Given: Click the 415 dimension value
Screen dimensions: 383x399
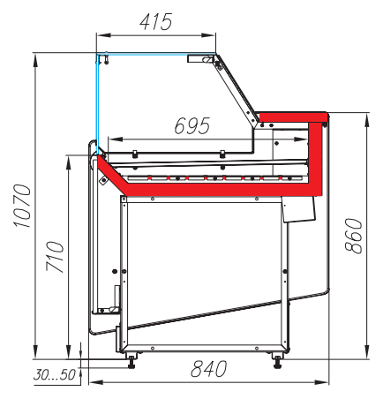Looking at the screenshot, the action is pyautogui.click(x=155, y=21).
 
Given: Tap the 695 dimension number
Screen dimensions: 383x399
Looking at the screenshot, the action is pyautogui.click(x=192, y=125).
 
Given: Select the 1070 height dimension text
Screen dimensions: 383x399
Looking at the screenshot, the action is pyautogui.click(x=22, y=206).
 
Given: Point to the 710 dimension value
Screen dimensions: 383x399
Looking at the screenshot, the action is pyautogui.click(x=55, y=256).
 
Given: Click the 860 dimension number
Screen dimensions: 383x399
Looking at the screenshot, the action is pyautogui.click(x=353, y=236).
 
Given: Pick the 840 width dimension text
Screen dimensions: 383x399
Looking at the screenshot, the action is pyautogui.click(x=209, y=368).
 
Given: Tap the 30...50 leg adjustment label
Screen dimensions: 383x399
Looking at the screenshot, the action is pyautogui.click(x=55, y=374).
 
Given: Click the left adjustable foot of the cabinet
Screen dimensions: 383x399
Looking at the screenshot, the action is pyautogui.click(x=131, y=361).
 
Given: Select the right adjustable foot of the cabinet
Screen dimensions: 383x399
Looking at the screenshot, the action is pyautogui.click(x=277, y=361).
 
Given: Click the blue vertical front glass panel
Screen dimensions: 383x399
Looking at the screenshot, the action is pyautogui.click(x=96, y=103).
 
